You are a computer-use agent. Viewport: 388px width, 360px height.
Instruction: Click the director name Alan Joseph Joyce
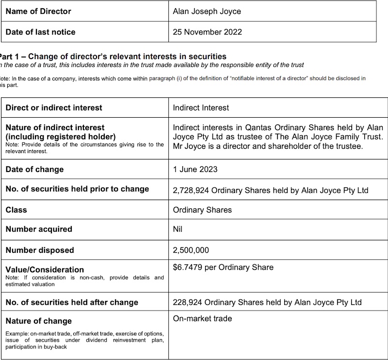point(207,11)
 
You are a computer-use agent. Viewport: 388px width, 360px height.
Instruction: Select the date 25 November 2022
point(207,32)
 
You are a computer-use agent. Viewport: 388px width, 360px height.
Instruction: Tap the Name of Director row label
point(38,11)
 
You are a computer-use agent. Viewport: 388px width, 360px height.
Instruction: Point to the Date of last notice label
point(41,32)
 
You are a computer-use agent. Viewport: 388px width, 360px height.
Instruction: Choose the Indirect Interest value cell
point(201,107)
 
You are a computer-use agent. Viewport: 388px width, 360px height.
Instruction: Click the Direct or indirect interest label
point(54,107)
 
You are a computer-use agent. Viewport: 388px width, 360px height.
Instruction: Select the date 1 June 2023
point(195,170)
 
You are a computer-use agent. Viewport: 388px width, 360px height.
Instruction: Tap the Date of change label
point(34,170)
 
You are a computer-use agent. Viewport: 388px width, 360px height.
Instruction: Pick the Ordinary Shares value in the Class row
point(202,210)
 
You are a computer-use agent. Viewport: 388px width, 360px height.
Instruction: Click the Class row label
point(16,210)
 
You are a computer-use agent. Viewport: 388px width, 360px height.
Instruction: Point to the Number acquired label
point(39,229)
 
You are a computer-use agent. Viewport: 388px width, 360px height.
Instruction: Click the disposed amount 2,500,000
point(192,250)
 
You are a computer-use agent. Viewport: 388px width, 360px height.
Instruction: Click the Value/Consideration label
point(45,269)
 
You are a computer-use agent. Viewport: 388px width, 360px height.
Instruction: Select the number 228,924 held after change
point(187,302)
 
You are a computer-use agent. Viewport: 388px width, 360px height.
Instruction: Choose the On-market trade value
point(202,318)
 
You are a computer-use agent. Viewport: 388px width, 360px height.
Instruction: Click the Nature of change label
point(39,321)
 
